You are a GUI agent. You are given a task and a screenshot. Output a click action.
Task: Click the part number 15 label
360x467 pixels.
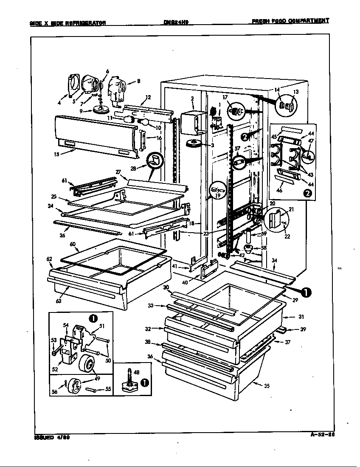(56, 155)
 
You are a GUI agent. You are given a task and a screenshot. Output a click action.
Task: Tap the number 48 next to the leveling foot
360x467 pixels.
(136, 372)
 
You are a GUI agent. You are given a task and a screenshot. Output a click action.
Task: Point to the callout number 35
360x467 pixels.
(267, 386)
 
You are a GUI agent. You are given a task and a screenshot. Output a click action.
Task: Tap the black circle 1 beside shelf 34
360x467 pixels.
(306, 292)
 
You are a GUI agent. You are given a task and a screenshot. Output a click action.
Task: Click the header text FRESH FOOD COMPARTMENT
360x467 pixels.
(290, 20)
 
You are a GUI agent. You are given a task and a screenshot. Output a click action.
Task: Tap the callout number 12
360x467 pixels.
(147, 97)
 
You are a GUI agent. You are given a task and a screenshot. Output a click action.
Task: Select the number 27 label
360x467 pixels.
(118, 172)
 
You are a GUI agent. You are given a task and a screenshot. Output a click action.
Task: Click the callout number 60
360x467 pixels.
(73, 245)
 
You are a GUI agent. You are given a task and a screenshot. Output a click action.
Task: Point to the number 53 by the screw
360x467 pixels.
(53, 340)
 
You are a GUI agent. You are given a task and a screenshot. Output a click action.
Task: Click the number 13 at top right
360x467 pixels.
(295, 92)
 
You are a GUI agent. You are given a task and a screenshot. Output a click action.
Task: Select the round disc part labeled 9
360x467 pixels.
(101, 110)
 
